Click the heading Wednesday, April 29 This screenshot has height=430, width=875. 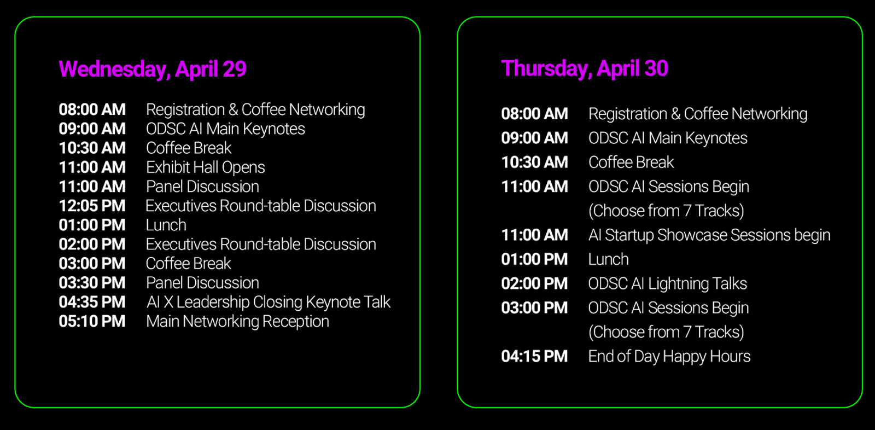tap(153, 69)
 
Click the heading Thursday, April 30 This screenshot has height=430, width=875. tap(585, 69)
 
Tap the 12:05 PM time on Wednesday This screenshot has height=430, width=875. tap(92, 206)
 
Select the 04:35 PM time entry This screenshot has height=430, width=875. tap(92, 302)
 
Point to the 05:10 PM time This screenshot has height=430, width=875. tap(92, 321)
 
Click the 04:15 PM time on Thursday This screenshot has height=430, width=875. tap(534, 357)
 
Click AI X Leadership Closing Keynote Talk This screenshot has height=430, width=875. tap(269, 302)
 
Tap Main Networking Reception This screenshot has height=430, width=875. tap(237, 322)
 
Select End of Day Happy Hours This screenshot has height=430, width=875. tap(669, 357)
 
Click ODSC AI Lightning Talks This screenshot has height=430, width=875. tap(668, 284)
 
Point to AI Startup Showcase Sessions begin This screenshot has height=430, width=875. tap(709, 235)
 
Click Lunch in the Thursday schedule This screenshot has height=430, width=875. tap(609, 259)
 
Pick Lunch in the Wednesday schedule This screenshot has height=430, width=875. tap(166, 225)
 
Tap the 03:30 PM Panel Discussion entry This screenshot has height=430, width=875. tap(202, 283)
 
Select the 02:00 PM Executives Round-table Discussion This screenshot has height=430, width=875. tap(261, 245)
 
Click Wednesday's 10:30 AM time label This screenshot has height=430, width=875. tap(92, 148)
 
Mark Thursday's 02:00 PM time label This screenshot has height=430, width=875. tap(534, 284)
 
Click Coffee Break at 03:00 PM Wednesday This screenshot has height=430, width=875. tap(189, 264)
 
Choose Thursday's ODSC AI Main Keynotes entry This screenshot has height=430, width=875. tap(668, 138)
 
